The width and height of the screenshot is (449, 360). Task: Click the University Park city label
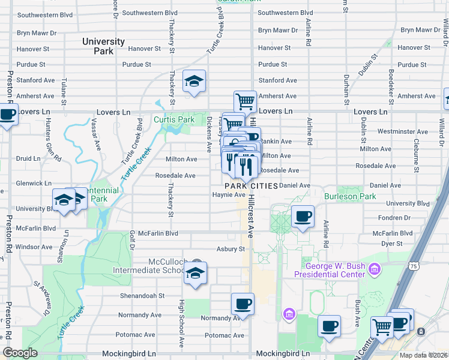coord(103,46)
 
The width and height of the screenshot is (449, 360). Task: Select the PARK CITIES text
coord(251,186)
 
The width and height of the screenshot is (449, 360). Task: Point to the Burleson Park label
coord(350,196)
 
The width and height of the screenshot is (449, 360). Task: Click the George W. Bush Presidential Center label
coord(335,270)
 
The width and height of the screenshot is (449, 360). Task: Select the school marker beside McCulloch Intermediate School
coord(195,274)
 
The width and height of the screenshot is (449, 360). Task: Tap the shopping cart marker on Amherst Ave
coord(245,102)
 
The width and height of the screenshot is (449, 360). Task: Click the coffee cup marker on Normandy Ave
coord(243,305)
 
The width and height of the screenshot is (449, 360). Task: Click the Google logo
coord(20,353)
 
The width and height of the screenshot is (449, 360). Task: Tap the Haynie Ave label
coord(229,194)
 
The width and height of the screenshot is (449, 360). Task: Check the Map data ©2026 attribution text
coord(423,355)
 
